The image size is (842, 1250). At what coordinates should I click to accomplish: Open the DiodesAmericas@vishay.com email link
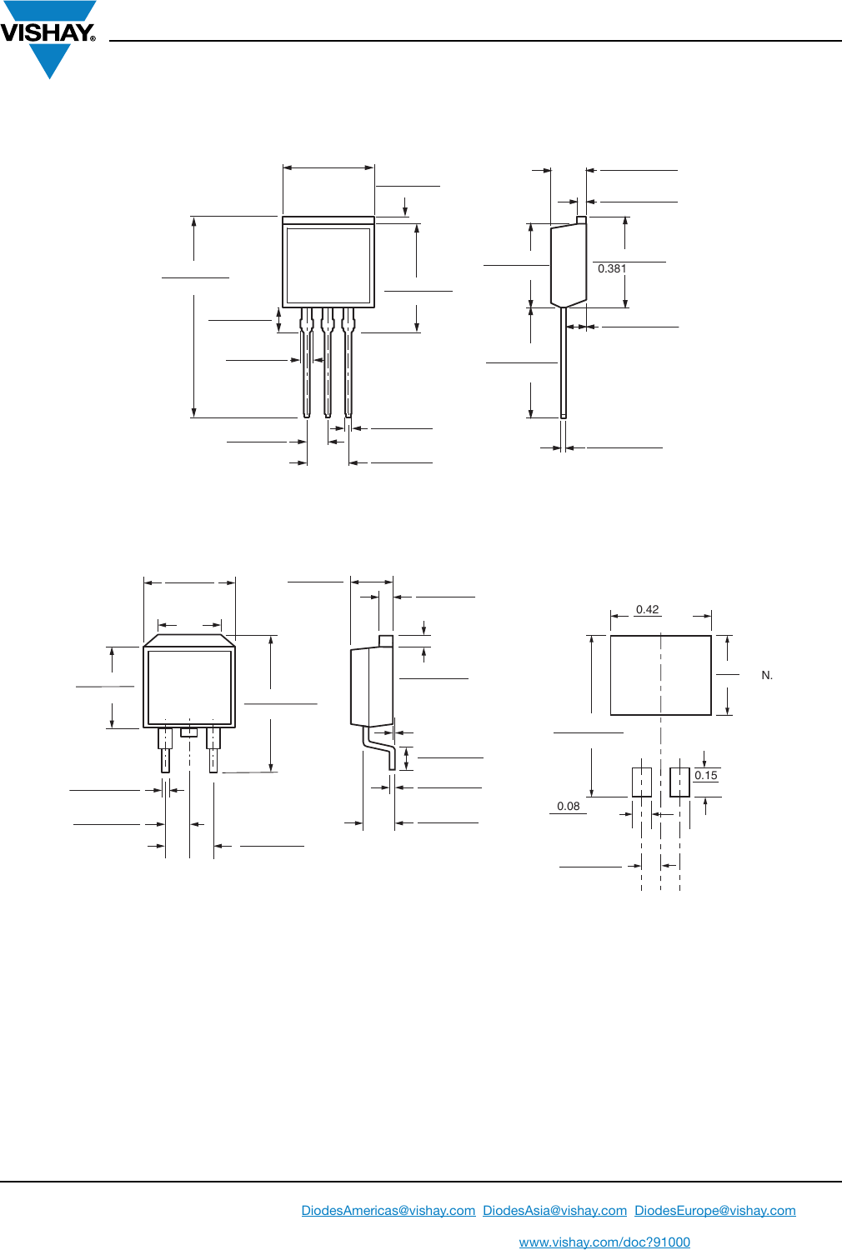click(388, 1210)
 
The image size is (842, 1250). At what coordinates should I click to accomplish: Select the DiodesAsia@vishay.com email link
click(554, 1210)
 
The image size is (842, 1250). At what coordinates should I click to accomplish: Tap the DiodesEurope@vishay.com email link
click(714, 1210)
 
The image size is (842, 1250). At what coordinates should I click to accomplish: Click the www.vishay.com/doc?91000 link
click(604, 1242)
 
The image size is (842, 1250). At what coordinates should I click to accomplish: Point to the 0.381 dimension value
click(612, 268)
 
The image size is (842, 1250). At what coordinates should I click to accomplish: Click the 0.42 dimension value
click(647, 609)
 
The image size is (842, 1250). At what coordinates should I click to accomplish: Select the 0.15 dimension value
click(705, 775)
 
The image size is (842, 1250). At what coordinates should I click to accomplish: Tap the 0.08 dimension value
click(568, 806)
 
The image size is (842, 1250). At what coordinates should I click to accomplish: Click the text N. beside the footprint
click(767, 675)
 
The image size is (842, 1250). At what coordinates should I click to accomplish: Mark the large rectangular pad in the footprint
click(660, 675)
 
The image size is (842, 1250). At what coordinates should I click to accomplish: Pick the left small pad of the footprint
click(641, 782)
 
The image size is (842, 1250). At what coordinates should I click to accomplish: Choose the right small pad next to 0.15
click(679, 782)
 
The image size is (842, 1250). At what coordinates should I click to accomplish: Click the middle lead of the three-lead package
click(328, 367)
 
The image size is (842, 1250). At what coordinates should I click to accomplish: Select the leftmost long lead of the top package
click(307, 367)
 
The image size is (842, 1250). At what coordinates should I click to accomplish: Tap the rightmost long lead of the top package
click(348, 367)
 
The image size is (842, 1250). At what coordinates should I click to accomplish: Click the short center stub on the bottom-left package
click(189, 732)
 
